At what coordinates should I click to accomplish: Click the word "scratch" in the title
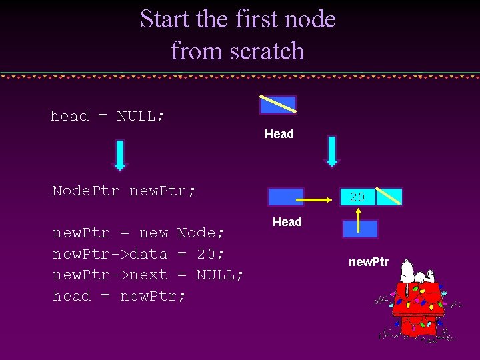point(270,51)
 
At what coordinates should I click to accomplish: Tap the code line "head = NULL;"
point(107,117)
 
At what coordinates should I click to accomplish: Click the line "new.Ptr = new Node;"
point(139,233)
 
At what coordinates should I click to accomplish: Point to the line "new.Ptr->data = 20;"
point(139,254)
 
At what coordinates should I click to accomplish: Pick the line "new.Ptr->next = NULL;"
point(148,275)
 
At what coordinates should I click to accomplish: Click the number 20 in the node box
point(357,197)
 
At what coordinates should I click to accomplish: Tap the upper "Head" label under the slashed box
point(279,134)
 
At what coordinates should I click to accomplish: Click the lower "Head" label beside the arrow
point(287,222)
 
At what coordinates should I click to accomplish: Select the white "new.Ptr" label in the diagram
point(368,262)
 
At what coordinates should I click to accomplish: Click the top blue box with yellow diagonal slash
point(278,105)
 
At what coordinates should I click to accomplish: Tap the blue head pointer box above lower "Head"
point(285,197)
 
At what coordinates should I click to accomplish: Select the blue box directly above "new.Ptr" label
point(360,229)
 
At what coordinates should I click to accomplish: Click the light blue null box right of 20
point(389,197)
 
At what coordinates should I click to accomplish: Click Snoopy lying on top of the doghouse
point(418,273)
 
